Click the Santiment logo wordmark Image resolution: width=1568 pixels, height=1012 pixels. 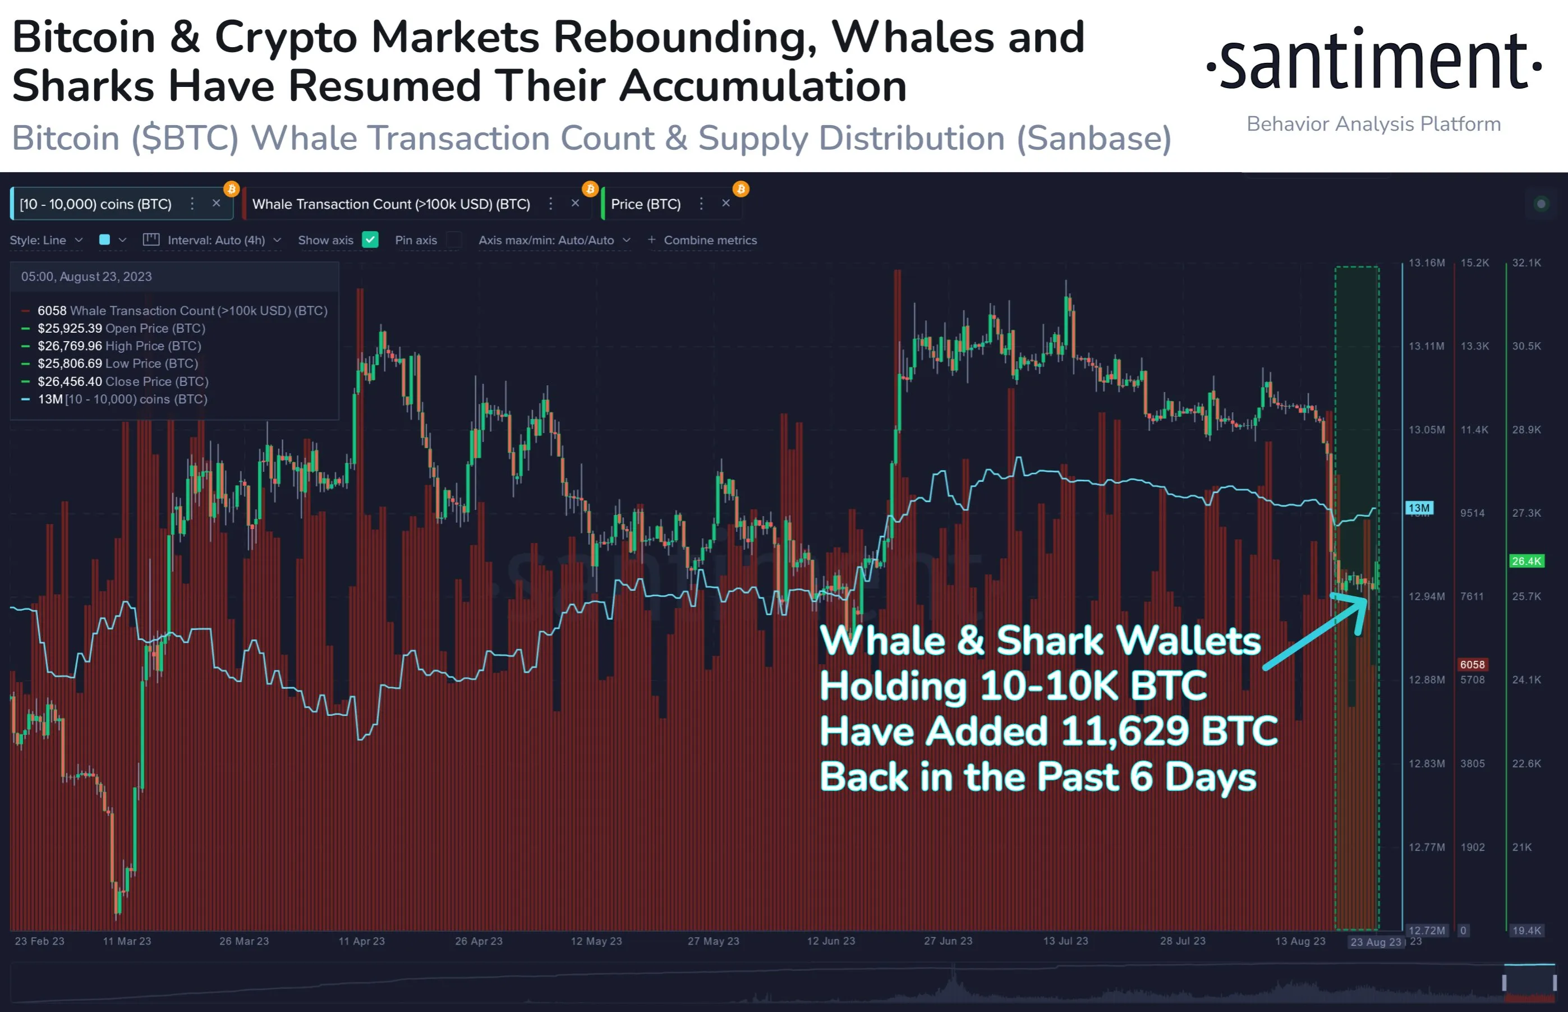(1373, 62)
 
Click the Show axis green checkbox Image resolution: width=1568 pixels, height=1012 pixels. (371, 240)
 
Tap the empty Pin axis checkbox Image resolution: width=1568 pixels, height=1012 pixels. (453, 240)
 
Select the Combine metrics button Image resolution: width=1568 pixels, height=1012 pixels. (702, 240)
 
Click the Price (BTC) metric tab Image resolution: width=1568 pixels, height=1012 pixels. (646, 204)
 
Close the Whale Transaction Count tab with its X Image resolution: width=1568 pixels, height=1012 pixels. (575, 204)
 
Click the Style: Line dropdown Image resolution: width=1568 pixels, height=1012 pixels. (46, 240)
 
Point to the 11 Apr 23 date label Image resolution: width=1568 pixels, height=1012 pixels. (361, 941)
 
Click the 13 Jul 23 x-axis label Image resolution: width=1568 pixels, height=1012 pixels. (1065, 941)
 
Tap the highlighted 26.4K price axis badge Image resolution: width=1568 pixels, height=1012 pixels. (1526, 561)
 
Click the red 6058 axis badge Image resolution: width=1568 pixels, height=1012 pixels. (1472, 664)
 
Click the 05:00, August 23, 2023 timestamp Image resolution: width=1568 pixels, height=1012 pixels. (86, 277)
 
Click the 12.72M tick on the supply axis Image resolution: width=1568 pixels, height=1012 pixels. (1426, 931)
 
